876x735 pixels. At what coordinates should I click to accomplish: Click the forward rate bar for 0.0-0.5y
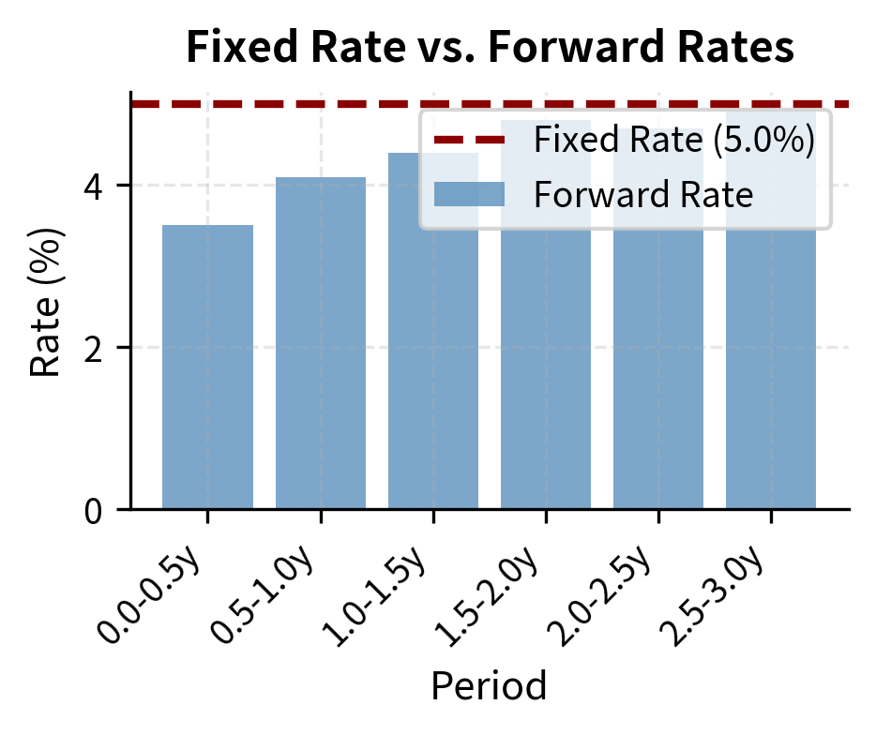point(207,367)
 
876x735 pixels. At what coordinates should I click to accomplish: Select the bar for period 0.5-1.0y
point(321,343)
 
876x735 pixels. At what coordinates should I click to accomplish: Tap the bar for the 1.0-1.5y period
point(433,331)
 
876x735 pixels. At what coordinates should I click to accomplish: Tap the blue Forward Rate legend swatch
point(469,195)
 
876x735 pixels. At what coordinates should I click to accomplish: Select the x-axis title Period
point(489,686)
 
